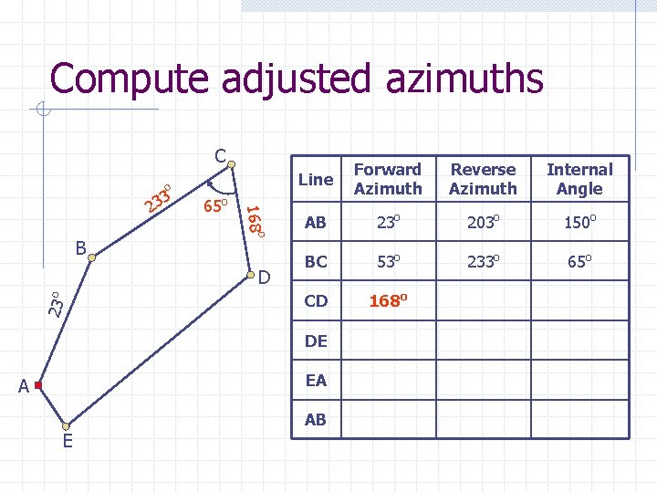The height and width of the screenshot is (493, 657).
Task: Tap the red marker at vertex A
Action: [x=38, y=386]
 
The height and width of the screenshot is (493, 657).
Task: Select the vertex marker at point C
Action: [x=232, y=165]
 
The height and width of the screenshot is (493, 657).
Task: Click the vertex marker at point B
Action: [x=91, y=259]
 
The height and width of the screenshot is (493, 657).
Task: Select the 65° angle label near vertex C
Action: [x=215, y=206]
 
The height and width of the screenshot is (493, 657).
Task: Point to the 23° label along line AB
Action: [x=56, y=303]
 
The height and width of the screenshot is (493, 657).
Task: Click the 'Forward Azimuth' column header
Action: [x=388, y=179]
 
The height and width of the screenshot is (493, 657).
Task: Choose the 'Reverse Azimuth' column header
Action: [x=484, y=179]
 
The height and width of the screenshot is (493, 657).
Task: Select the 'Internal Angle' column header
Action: [x=579, y=179]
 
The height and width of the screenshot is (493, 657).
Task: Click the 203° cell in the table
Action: [x=484, y=223]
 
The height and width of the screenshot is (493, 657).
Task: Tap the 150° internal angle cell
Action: [x=579, y=223]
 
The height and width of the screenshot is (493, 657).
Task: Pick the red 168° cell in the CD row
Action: [x=388, y=300]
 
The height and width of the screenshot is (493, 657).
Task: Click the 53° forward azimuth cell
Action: [x=388, y=262]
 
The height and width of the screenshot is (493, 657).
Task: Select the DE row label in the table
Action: [x=316, y=341]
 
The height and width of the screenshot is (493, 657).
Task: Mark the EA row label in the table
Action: [x=316, y=381]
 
